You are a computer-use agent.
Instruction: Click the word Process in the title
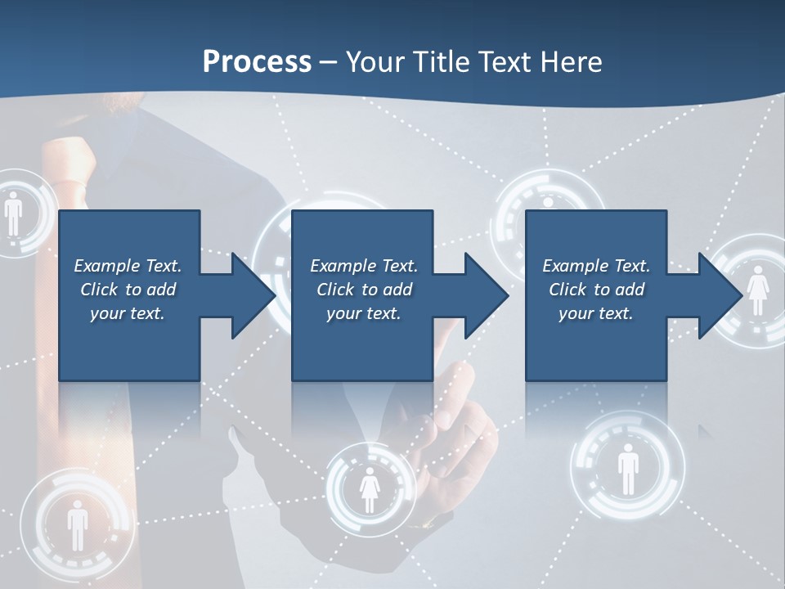point(257,62)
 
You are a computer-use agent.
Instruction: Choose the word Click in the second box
point(334,290)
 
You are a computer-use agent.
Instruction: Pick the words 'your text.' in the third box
point(596,313)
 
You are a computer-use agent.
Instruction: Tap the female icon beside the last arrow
point(757,290)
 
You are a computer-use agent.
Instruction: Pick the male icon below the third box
point(627,469)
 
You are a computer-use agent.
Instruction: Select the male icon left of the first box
point(13,214)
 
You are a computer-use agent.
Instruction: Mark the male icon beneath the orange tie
point(77,524)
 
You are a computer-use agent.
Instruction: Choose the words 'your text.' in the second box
point(364,313)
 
